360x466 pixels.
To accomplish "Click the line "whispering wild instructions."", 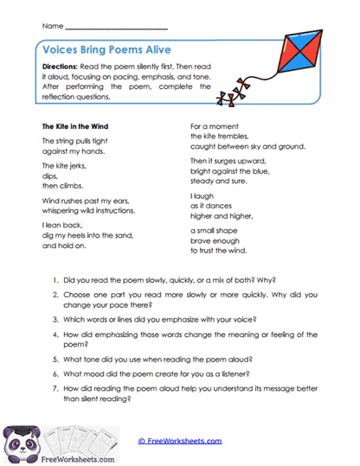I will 88,210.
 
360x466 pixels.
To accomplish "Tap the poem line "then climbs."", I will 61,185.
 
